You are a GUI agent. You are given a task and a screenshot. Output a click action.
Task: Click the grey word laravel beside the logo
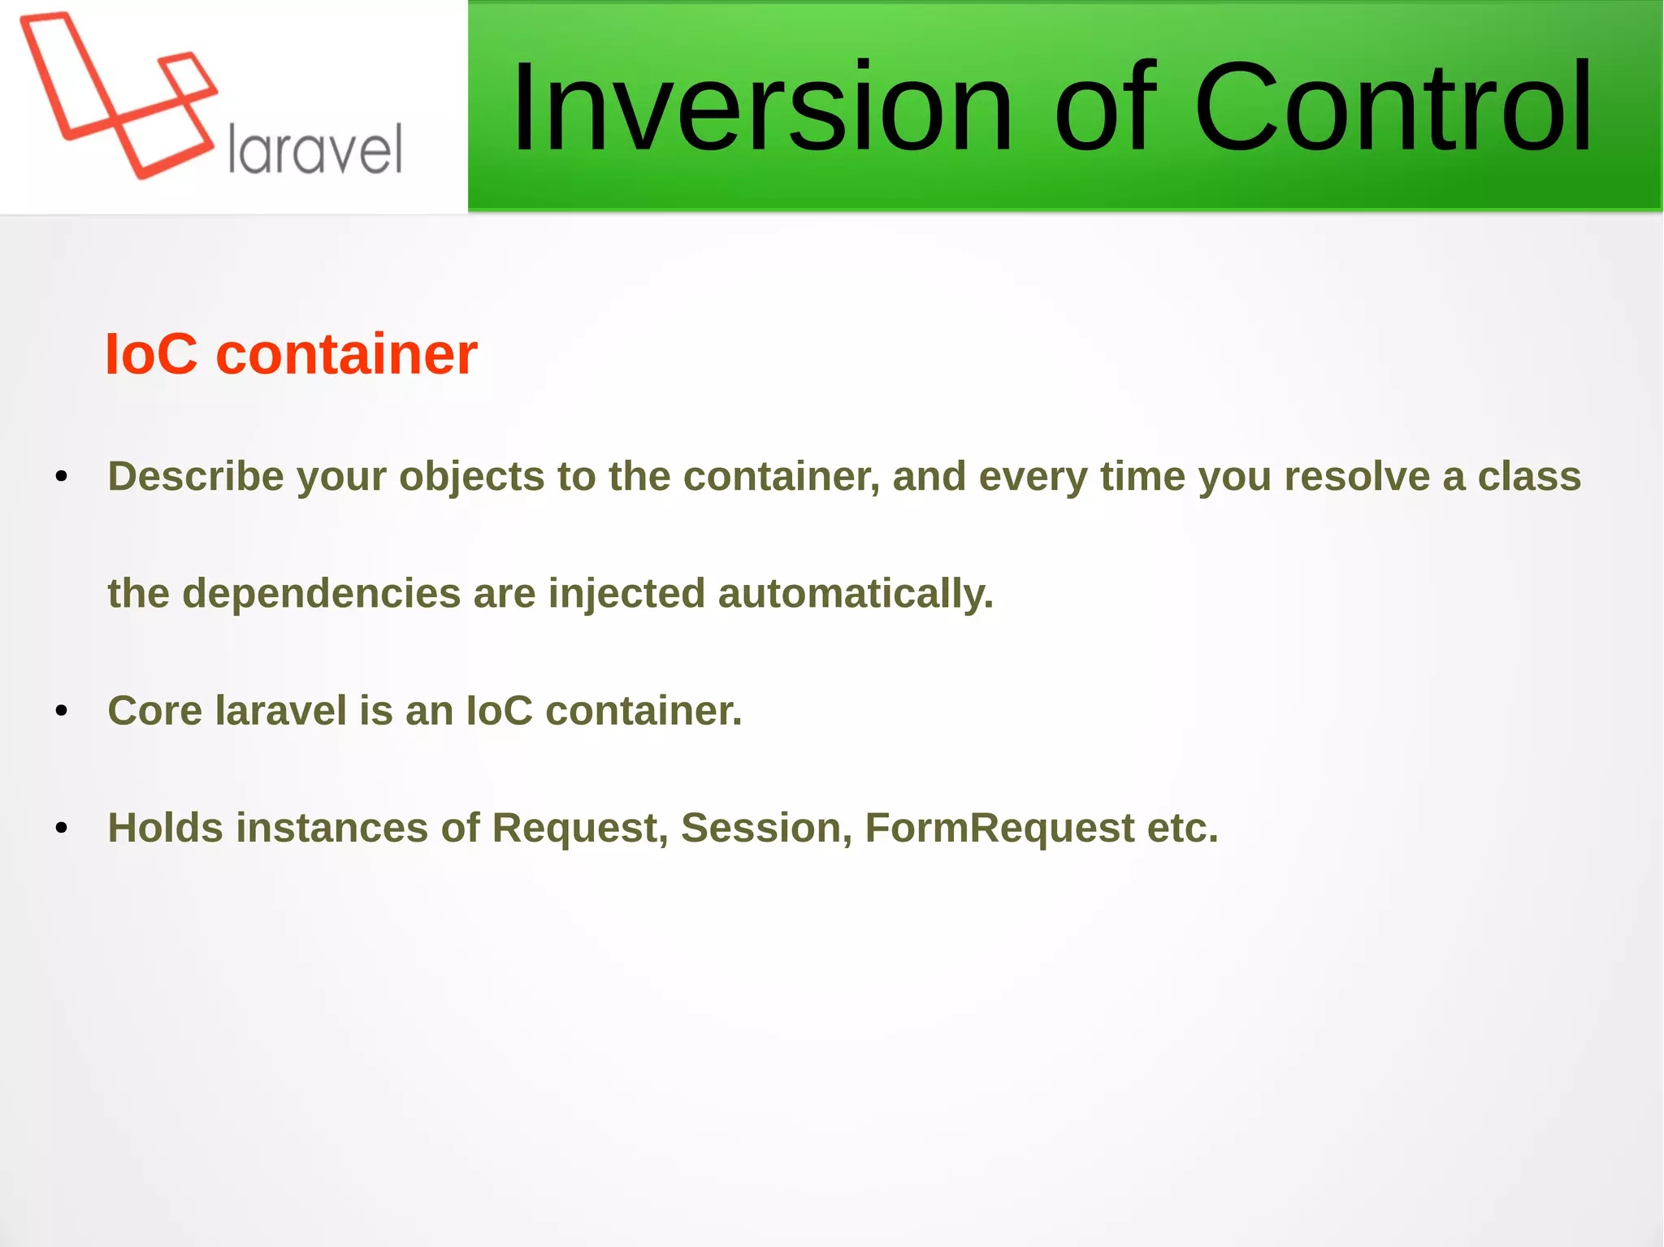(x=315, y=149)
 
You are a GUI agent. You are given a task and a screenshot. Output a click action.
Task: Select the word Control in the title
(x=1392, y=107)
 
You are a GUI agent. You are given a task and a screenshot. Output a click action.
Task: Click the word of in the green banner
(x=1103, y=107)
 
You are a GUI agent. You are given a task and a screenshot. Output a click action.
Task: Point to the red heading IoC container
(x=291, y=355)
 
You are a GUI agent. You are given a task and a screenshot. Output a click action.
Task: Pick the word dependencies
(x=322, y=594)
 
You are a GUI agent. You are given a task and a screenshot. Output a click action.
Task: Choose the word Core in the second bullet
(x=154, y=711)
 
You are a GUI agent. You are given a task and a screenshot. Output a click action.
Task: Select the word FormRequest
(x=999, y=829)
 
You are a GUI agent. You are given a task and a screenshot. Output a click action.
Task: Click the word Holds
(x=165, y=829)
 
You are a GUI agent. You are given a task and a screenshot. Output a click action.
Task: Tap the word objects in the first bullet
(x=471, y=477)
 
